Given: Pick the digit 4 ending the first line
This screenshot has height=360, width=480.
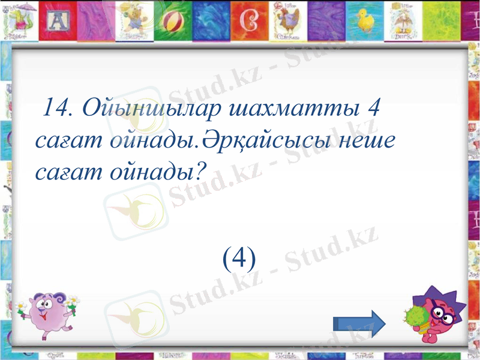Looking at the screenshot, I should [x=373, y=109].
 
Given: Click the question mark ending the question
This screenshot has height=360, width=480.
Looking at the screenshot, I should [x=200, y=173].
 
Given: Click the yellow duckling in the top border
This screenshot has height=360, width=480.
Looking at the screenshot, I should [x=365, y=22].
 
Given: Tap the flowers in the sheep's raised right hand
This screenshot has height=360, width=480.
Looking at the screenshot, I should [x=71, y=302].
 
